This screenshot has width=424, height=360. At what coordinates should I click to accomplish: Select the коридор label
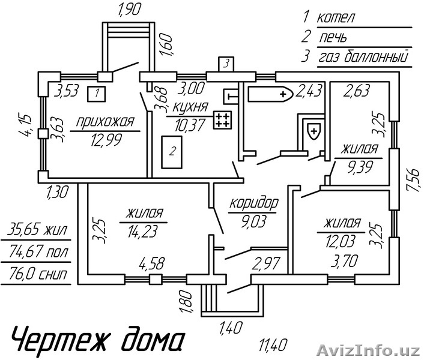(253, 203)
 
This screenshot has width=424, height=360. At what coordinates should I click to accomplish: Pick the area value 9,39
(360, 163)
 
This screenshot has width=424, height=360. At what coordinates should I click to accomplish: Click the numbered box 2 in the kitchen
(172, 152)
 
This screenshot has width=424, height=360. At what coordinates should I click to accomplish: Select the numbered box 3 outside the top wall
(225, 63)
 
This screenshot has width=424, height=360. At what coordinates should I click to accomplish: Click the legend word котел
(337, 18)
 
